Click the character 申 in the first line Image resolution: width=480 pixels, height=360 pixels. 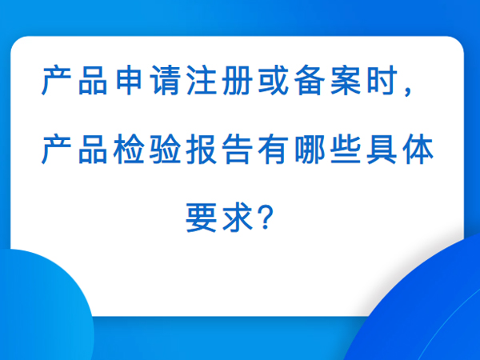(129, 80)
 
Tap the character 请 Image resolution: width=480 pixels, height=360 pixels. (164, 80)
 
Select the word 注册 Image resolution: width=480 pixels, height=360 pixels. (219, 80)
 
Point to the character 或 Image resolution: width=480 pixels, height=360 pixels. (273, 80)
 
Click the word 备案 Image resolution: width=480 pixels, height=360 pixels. (327, 80)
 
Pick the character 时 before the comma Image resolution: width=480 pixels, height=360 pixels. (382, 80)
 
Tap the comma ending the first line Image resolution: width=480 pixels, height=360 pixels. (408, 91)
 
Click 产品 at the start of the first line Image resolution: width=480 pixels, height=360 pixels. (74, 80)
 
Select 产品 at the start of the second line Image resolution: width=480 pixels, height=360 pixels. (74, 149)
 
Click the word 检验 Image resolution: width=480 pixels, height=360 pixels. (147, 149)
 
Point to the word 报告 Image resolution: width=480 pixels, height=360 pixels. (219, 149)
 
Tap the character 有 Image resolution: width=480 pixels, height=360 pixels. (273, 149)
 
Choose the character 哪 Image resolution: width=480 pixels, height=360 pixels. (309, 149)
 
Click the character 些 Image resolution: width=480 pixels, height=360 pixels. (346, 149)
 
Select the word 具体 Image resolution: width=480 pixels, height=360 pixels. (400, 149)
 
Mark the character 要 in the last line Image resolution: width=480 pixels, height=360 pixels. (201, 218)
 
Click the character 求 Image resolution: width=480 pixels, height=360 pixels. (238, 218)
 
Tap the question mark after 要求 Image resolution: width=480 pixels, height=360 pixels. (266, 218)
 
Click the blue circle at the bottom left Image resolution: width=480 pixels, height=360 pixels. (43, 306)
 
